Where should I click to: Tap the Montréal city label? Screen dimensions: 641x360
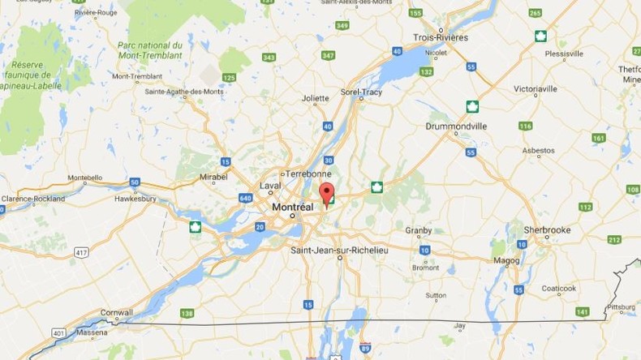pos(292,207)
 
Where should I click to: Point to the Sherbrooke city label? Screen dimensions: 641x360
pos(546,230)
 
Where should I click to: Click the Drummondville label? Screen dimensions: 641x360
pos(456,126)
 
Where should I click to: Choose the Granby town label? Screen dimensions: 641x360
pos(419,230)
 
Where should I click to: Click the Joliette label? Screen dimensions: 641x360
pos(315,99)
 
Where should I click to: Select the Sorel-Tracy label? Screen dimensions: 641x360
pos(362,92)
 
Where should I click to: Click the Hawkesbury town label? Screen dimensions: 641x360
pos(135,198)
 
